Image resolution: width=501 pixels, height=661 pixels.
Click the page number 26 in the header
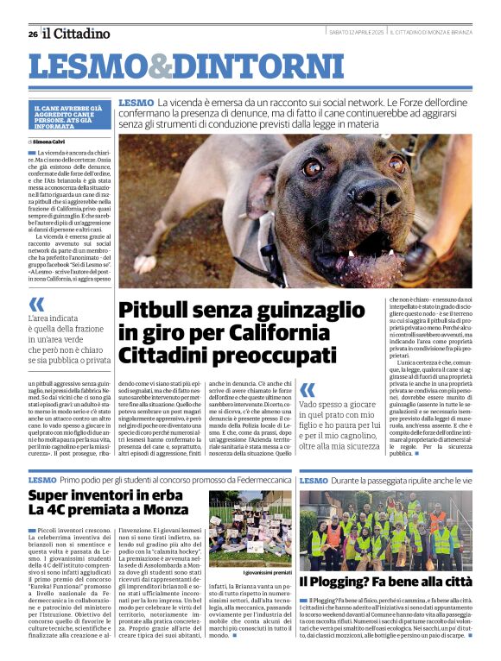pyautogui.click(x=32, y=34)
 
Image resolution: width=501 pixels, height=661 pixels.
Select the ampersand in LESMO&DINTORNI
pyautogui.click(x=160, y=67)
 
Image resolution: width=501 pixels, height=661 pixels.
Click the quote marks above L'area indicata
pyautogui.click(x=36, y=305)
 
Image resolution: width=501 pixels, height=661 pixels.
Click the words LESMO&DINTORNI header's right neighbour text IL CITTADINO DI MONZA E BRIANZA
pyautogui.click(x=429, y=32)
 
